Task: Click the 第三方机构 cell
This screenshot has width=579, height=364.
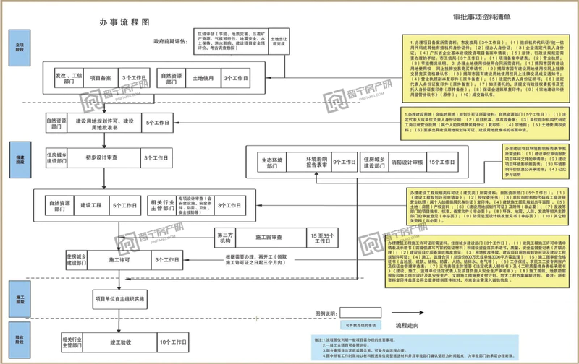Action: [x=225, y=235]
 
